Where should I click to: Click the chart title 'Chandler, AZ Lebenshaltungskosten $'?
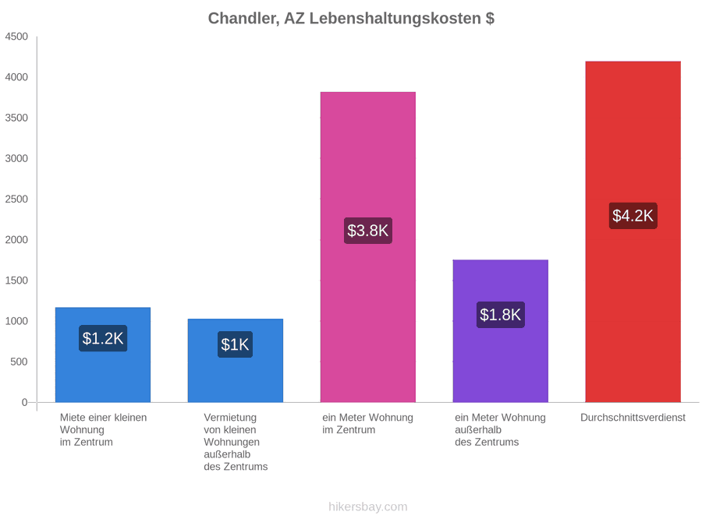[x=351, y=19]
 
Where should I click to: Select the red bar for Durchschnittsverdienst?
[x=633, y=231]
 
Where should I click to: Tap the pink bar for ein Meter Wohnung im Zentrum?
[x=368, y=247]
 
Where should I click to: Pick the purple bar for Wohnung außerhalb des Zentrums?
[x=501, y=331]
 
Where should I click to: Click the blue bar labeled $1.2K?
[x=103, y=355]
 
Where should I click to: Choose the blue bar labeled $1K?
[x=236, y=361]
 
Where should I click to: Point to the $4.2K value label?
[x=633, y=216]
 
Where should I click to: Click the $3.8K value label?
[x=368, y=231]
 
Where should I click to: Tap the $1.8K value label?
[x=501, y=315]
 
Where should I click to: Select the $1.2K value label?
[x=103, y=338]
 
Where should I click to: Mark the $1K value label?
[x=235, y=344]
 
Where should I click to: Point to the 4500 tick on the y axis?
[x=16, y=36]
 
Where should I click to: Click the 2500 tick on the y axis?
[x=16, y=199]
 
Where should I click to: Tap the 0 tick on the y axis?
[x=25, y=402]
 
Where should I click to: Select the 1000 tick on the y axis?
[x=16, y=321]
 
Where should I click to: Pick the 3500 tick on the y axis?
[x=16, y=118]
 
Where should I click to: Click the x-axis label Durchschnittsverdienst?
[x=633, y=418]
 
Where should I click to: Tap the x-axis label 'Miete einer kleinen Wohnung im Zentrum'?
[x=104, y=430]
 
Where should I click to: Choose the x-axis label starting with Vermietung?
[x=236, y=442]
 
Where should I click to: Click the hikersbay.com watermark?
[x=368, y=507]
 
